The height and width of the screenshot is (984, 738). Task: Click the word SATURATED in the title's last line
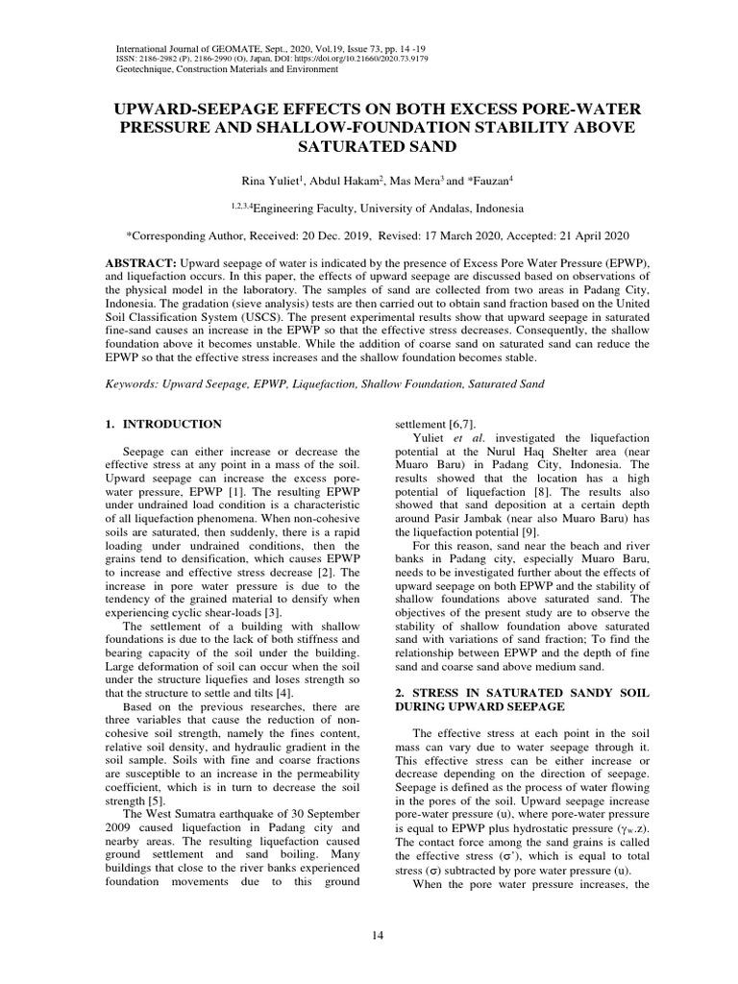point(336,148)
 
